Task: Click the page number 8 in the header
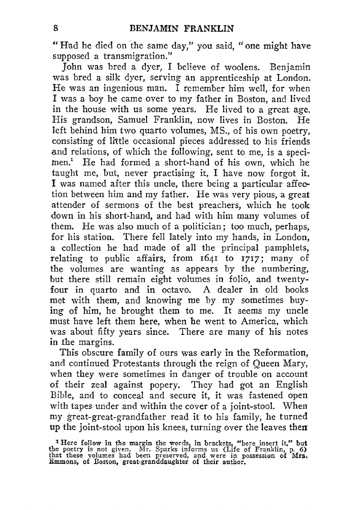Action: pos(56,29)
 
